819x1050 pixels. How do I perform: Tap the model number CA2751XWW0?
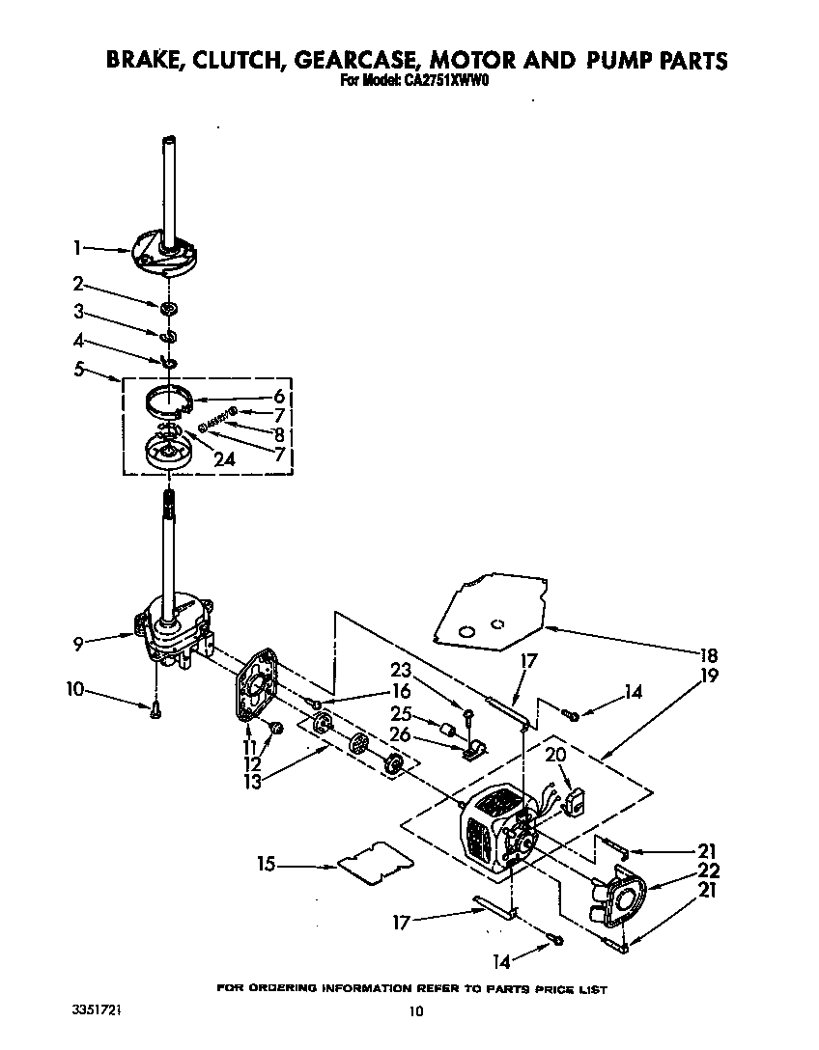coord(443,82)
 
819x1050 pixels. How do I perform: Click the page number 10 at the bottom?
coord(415,1011)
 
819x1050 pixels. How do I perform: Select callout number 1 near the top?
coord(76,248)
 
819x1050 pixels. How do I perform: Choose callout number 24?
coord(224,460)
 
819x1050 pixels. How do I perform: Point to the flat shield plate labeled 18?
coord(488,613)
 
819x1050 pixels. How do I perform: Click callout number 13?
coord(253,782)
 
